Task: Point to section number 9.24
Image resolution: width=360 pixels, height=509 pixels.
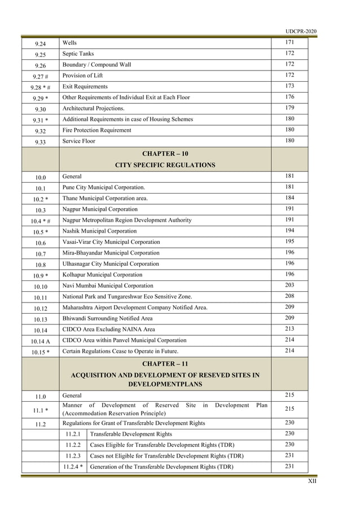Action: (41, 43)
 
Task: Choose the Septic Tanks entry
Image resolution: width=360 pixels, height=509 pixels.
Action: (78, 54)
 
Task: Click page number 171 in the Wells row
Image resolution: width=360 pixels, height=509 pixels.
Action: (289, 43)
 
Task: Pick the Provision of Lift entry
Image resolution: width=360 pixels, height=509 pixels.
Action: (82, 76)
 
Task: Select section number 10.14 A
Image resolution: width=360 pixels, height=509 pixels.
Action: (41, 341)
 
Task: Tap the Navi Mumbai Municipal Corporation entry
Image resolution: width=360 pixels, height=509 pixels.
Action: (108, 286)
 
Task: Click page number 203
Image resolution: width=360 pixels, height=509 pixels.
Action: (289, 286)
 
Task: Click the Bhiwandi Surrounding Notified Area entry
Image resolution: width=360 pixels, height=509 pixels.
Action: (107, 318)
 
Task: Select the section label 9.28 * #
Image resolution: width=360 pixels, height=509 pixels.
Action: (41, 87)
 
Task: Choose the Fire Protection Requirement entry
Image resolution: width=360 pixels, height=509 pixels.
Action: (97, 130)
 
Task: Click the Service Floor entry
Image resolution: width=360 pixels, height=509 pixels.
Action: (79, 141)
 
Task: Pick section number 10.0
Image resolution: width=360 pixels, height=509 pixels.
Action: (41, 177)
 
